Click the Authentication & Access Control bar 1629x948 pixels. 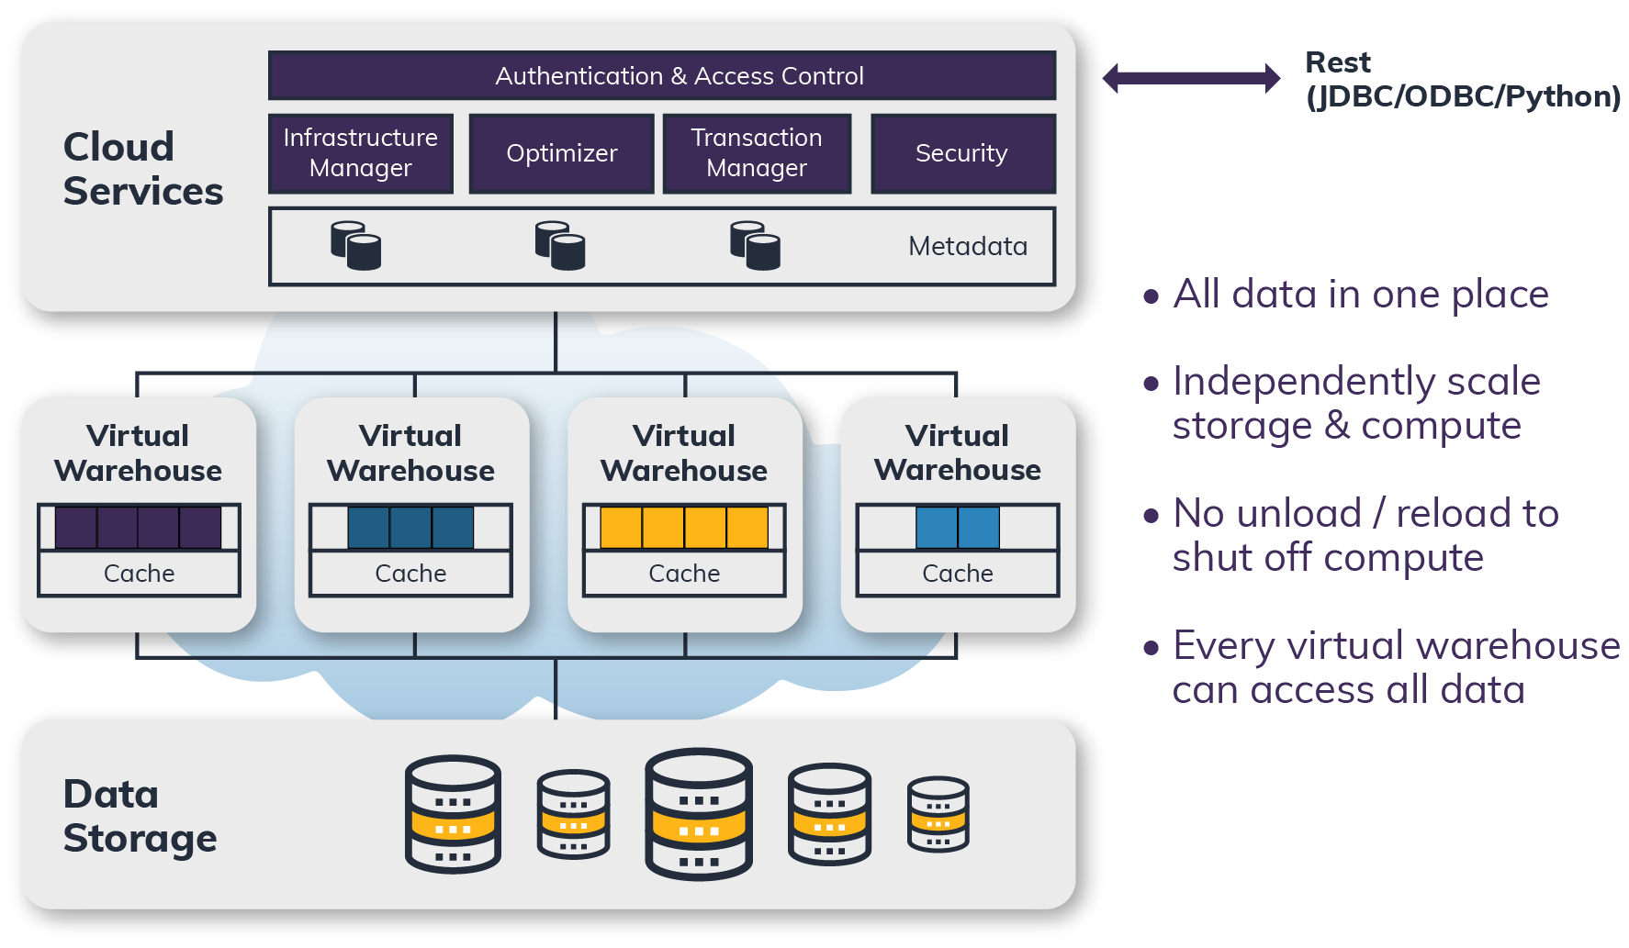pos(661,75)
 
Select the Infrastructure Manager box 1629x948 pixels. pos(361,153)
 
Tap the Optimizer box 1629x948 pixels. pos(561,153)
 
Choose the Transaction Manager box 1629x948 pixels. pos(757,153)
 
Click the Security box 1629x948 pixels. pos(962,153)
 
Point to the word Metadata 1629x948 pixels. pos(967,246)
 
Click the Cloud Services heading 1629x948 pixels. pos(142,169)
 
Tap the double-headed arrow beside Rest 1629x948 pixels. pos(1191,78)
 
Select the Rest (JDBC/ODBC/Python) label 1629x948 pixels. pos(1462,79)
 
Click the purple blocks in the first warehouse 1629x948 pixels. pos(138,528)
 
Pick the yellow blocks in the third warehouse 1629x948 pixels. pos(684,528)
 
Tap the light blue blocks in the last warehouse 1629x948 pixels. pos(958,528)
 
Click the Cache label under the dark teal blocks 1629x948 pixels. pos(410,574)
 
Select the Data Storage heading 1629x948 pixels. pos(140,816)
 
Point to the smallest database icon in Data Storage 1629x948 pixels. pos(938,815)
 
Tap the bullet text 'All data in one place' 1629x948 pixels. pos(1360,295)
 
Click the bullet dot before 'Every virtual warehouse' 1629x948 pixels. pos(1152,648)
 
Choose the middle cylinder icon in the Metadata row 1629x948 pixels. pos(560,245)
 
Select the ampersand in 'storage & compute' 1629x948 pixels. pos(1337,426)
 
